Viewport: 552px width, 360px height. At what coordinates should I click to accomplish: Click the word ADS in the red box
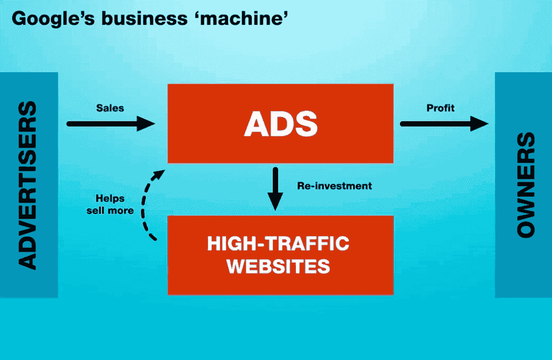pyautogui.click(x=280, y=123)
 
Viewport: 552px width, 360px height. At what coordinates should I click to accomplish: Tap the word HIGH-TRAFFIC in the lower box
pyautogui.click(x=278, y=244)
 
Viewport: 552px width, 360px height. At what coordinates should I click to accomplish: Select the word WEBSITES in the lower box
pyautogui.click(x=278, y=266)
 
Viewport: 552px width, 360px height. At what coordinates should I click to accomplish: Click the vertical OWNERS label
pyautogui.click(x=525, y=185)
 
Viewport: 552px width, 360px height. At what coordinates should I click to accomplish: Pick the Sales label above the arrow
pyautogui.click(x=110, y=108)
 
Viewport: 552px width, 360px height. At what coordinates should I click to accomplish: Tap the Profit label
pyautogui.click(x=440, y=108)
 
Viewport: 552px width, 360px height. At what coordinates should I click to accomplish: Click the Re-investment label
pyautogui.click(x=334, y=186)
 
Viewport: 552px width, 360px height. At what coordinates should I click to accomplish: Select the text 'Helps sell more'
pyautogui.click(x=110, y=204)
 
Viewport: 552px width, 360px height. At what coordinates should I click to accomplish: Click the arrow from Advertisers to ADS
pyautogui.click(x=108, y=123)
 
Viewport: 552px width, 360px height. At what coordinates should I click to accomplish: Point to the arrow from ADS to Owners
pyautogui.click(x=442, y=123)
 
